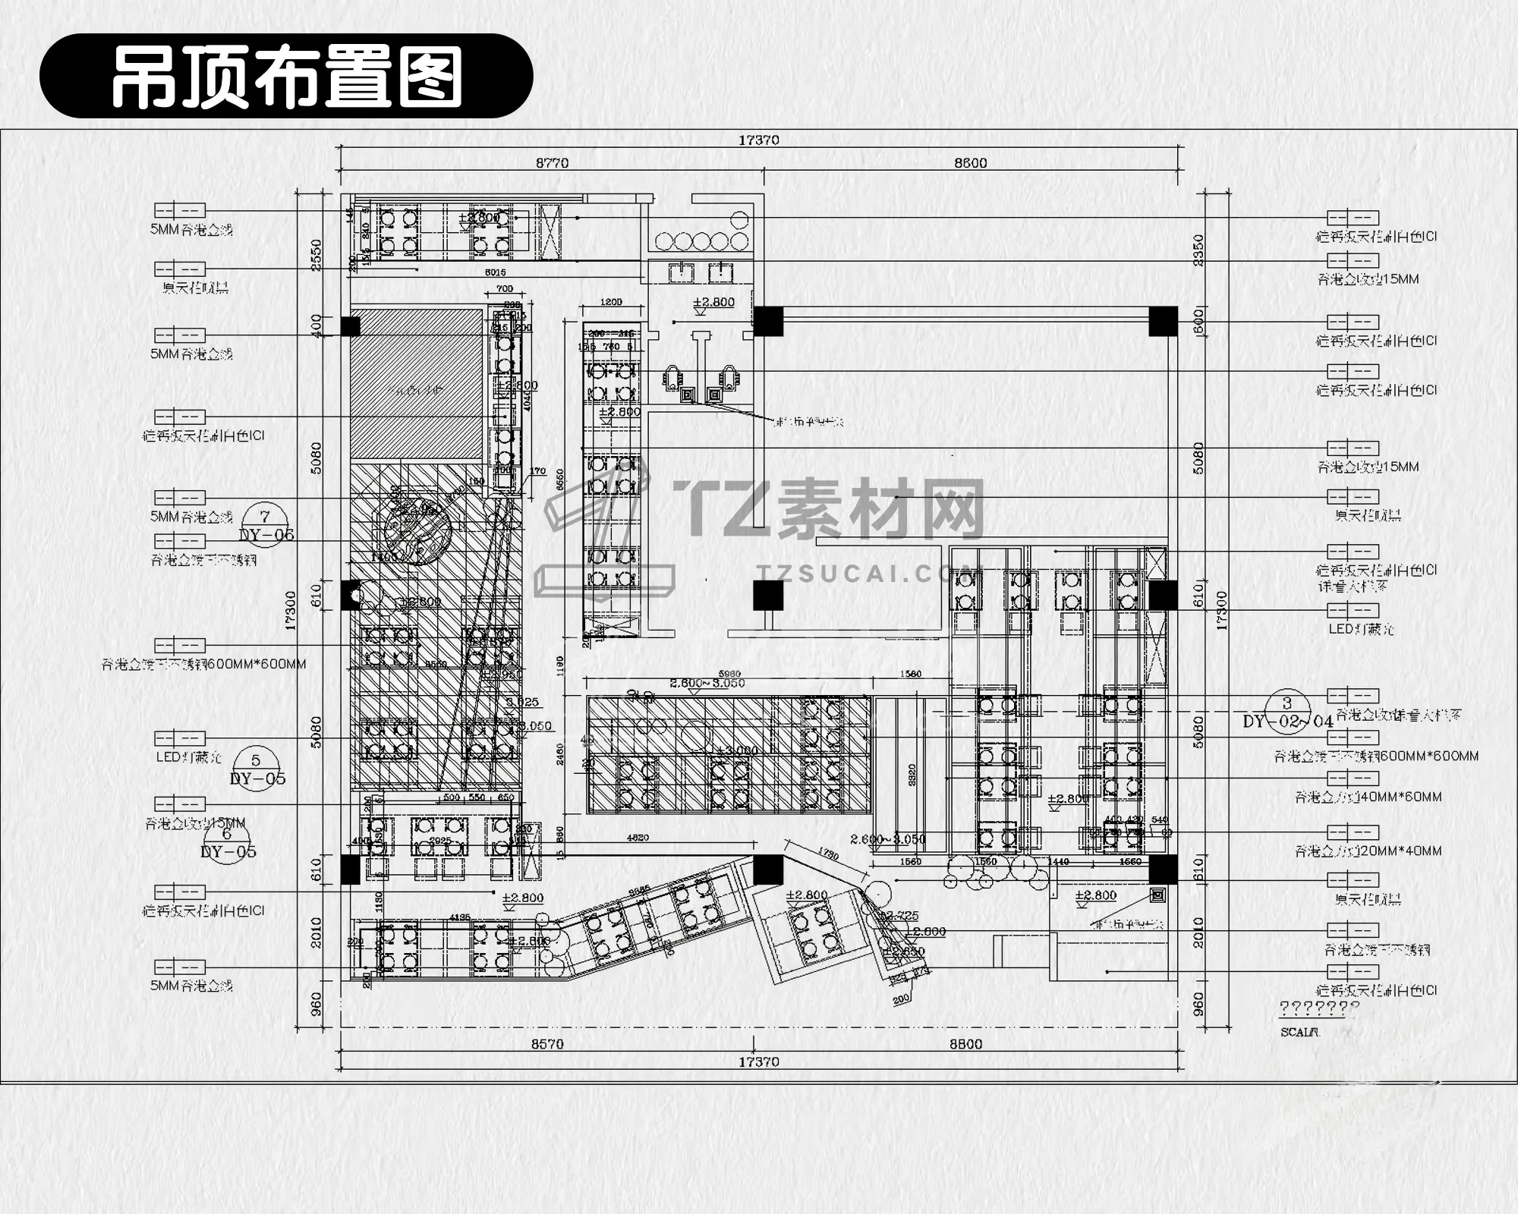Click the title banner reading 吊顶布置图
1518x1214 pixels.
(286, 76)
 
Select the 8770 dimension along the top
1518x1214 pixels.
(552, 163)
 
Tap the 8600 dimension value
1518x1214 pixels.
(970, 163)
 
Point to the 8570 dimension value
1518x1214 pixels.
(546, 1044)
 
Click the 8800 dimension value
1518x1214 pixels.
(965, 1044)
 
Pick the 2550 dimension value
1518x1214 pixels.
(317, 253)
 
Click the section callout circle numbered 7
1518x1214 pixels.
(265, 517)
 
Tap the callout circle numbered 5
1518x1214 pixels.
(256, 760)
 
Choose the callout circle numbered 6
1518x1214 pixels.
(227, 834)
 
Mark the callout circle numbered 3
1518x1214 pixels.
(1287, 703)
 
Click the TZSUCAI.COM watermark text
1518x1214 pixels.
(869, 573)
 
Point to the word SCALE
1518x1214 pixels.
(1300, 1033)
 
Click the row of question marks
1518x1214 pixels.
(1319, 1008)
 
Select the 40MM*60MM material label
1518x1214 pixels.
(1368, 797)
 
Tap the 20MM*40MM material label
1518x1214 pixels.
(1368, 851)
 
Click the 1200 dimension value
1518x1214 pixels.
(611, 302)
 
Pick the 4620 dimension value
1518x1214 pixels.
(638, 838)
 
